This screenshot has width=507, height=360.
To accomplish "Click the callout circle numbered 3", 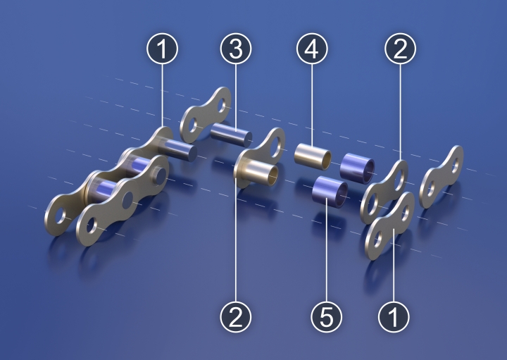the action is pos(236,49).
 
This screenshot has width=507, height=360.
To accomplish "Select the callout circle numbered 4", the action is pos(312,49).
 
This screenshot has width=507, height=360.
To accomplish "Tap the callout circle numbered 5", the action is pos(326,316).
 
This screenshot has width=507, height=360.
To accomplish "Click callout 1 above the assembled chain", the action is pos(163,49).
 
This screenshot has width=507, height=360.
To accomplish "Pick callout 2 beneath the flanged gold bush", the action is pos(236,316).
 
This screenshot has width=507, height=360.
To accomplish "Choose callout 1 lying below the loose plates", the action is pos(394,316).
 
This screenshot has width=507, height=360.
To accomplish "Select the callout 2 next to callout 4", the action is pos(400,49).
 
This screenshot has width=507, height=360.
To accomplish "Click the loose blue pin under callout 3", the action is pos(231,135).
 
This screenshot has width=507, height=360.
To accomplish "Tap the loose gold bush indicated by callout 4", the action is pos(313,156).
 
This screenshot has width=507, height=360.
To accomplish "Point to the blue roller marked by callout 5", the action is pos(330,192).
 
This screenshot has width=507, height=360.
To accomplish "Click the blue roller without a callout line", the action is pos(357,168).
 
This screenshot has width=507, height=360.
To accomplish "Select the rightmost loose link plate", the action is pos(441,177).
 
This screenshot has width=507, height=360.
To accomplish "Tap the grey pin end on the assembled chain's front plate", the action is pos(161,174).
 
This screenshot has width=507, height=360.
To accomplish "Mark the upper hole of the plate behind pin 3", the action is pos(222,105).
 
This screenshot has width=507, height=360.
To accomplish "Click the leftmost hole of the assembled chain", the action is pos(60,216).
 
